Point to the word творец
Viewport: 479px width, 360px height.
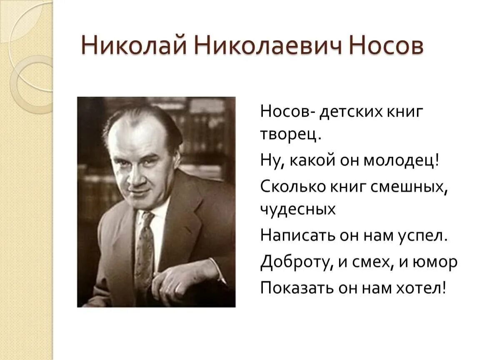[290, 135]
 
